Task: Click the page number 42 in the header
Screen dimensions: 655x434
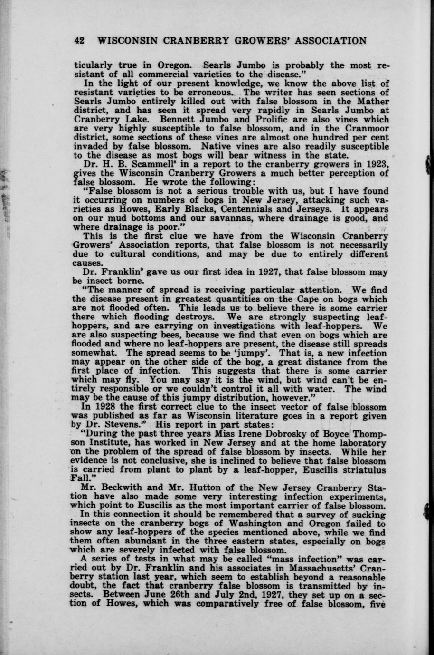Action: click(79, 41)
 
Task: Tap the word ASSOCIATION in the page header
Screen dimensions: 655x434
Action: click(331, 41)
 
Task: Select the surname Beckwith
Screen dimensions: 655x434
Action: click(120, 487)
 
